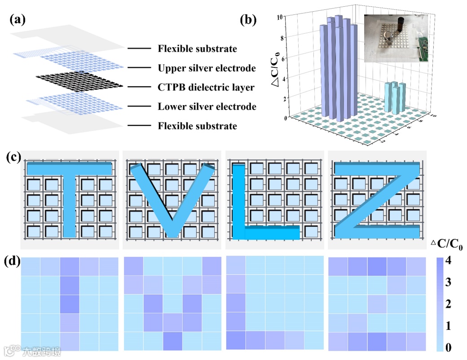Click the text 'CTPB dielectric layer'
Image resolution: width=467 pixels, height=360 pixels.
click(x=206, y=87)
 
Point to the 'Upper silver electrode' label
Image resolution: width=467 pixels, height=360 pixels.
click(x=207, y=68)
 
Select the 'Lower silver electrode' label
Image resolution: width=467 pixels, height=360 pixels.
click(x=207, y=107)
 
